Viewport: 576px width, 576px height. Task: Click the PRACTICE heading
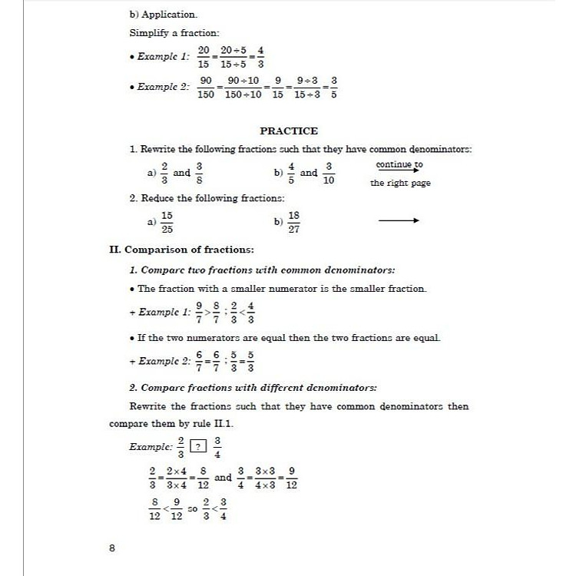coord(289,131)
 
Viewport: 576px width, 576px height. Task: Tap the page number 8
coord(113,548)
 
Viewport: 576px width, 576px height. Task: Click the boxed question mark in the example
coord(200,446)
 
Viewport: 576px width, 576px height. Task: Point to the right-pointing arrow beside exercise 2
coord(399,221)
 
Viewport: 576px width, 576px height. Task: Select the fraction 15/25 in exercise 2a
coord(167,223)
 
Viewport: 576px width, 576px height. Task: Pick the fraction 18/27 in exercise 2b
coord(293,223)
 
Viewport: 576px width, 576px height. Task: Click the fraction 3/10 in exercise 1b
coord(329,174)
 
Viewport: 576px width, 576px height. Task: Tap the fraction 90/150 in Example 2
coord(206,87)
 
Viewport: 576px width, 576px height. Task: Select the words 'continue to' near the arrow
coord(399,164)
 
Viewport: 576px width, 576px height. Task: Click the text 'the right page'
coord(400,183)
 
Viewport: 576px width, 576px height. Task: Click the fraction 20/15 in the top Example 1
coord(204,56)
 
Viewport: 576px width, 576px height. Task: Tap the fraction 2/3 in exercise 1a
coord(164,174)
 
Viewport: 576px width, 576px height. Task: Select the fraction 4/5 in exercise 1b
coord(291,174)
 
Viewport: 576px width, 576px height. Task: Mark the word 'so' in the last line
coord(192,509)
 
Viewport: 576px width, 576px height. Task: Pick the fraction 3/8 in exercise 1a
coord(200,174)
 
